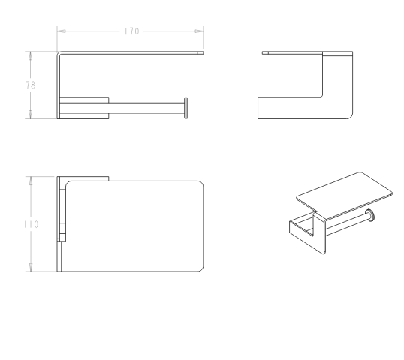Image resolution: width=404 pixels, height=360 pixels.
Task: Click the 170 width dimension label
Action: point(131,31)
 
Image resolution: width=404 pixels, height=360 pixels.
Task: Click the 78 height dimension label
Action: point(31,85)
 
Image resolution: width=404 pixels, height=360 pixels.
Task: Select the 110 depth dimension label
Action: point(32,224)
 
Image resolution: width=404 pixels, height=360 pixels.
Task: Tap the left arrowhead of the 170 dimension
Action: point(61,31)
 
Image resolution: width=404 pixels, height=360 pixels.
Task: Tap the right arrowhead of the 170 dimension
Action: point(199,31)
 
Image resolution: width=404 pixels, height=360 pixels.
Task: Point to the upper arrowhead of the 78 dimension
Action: point(30,55)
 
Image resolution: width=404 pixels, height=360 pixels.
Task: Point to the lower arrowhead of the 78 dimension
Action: point(30,115)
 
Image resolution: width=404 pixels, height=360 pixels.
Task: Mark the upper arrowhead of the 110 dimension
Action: point(31,181)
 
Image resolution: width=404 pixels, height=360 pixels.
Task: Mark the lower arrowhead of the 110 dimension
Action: point(31,267)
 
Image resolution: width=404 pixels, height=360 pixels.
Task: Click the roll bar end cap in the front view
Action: point(186,108)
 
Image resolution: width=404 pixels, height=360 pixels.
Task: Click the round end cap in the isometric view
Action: point(370,215)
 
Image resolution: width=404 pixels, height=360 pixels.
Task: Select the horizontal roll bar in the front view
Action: point(146,108)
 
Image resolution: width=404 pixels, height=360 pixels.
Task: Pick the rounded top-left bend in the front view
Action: point(59,53)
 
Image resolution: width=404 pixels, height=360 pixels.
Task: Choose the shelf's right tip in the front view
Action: point(204,52)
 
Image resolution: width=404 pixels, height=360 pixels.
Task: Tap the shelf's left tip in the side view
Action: point(263,52)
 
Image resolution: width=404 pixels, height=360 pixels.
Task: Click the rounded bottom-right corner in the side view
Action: point(351,116)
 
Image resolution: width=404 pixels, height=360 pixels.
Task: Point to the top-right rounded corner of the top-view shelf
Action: point(201,184)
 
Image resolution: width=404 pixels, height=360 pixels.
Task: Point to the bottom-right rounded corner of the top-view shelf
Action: point(201,269)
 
